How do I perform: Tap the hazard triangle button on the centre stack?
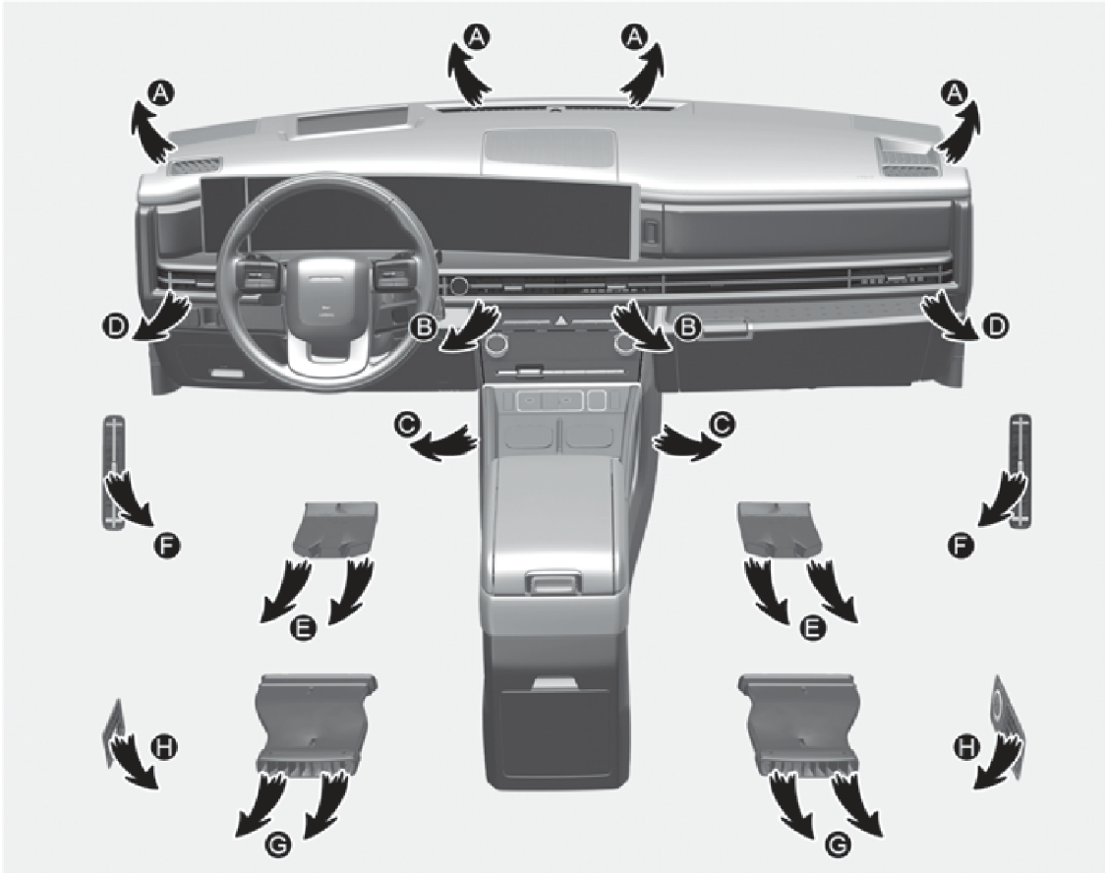[x=561, y=320]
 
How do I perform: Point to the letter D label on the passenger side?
[x=996, y=325]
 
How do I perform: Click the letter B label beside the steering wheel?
[x=424, y=326]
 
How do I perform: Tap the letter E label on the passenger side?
[x=813, y=627]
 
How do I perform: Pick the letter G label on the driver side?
[x=280, y=844]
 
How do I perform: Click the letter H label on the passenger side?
[x=965, y=746]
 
